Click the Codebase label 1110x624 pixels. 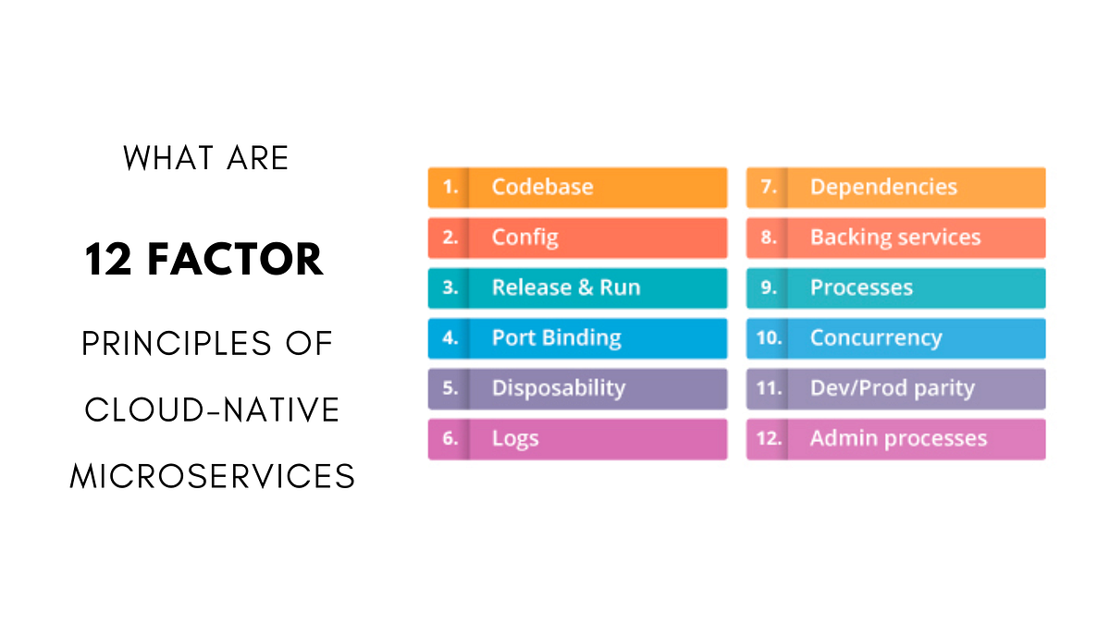[x=542, y=187]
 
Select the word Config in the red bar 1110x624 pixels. [x=524, y=238]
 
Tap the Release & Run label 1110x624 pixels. [x=565, y=288]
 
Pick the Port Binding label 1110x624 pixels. [x=556, y=338]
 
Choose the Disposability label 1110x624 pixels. [x=558, y=388]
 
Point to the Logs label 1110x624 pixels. [x=514, y=439]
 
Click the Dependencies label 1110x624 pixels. [x=883, y=187]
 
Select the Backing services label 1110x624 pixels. [x=894, y=238]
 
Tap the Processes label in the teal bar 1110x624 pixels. [x=861, y=288]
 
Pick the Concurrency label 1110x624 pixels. [x=875, y=338]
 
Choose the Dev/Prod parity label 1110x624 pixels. [x=892, y=388]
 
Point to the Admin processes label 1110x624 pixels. [x=898, y=439]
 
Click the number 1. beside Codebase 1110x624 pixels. [x=450, y=188]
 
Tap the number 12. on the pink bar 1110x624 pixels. [x=769, y=439]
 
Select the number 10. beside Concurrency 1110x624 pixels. [x=769, y=338]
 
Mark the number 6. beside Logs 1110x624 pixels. [x=450, y=439]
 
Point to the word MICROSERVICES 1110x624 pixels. [x=213, y=476]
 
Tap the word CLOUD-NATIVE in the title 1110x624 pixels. [x=213, y=410]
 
